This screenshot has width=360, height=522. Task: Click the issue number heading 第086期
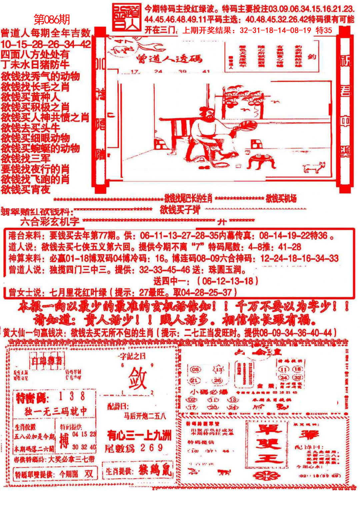[x=52, y=20]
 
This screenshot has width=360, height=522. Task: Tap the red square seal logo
[x=126, y=19]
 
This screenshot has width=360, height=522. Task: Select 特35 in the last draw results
[x=324, y=31]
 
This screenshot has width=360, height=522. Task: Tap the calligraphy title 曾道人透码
[x=169, y=59]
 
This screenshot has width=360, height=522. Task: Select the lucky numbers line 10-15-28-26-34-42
[x=45, y=44]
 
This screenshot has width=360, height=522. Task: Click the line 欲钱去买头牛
[x=31, y=128]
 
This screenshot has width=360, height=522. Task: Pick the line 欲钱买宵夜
[x=26, y=189]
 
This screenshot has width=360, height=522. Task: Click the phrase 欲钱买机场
[x=281, y=199]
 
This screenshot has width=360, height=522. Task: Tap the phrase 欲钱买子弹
[x=180, y=210]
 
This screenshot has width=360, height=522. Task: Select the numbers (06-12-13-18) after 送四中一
[x=228, y=281]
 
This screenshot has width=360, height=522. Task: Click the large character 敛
[x=138, y=378]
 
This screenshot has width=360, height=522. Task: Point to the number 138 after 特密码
[x=72, y=397]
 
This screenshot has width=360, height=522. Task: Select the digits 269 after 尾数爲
[x=152, y=448]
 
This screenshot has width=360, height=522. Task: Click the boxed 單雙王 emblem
[x=268, y=444]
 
